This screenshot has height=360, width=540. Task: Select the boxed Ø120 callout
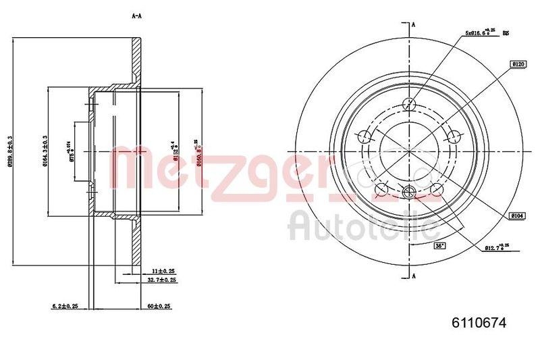[x=518, y=64]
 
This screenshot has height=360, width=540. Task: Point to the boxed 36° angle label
[x=440, y=246]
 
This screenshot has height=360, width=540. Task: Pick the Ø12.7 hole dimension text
[x=497, y=248]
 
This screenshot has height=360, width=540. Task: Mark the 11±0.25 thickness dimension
[x=161, y=269]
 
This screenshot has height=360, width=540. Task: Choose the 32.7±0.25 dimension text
[x=162, y=279]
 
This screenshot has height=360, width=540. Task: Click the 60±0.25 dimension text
[x=159, y=307]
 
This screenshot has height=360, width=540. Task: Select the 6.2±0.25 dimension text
[x=65, y=307]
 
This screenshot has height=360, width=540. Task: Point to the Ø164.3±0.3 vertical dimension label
[x=44, y=151]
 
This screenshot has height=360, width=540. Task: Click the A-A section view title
[x=137, y=16]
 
